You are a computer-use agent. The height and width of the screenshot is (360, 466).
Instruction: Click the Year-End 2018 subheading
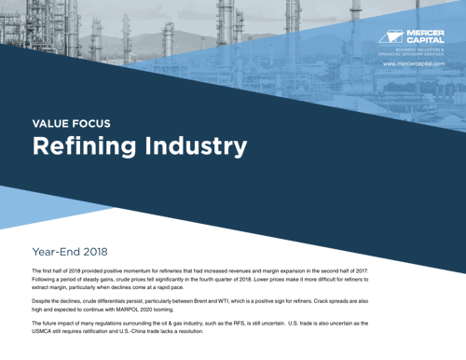click(x=70, y=252)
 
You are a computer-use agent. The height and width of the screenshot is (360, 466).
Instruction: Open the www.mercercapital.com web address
click(x=420, y=64)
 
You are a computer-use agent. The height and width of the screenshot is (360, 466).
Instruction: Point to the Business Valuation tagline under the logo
click(x=420, y=52)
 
